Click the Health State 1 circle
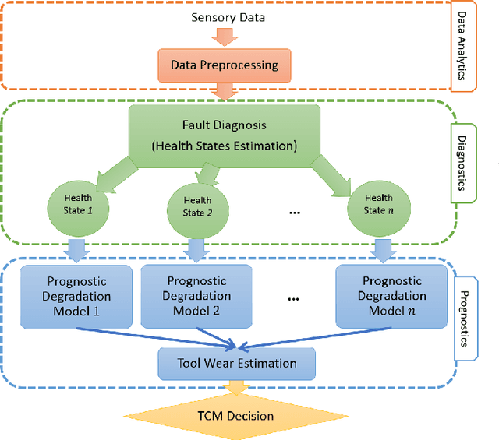(x=77, y=204)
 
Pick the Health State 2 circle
(x=196, y=207)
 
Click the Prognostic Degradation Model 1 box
(x=76, y=296)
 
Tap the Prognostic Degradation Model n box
(x=392, y=296)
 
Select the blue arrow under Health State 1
(x=76, y=250)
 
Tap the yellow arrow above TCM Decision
(x=234, y=388)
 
